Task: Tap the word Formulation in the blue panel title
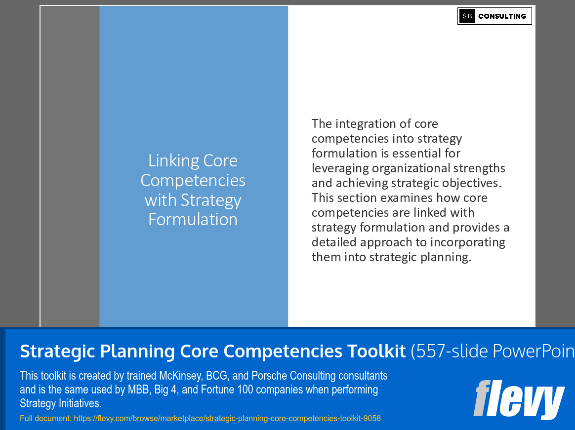[193, 219]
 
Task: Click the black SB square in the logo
[467, 16]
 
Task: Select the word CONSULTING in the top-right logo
[502, 16]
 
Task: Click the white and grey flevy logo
[519, 399]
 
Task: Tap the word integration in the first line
[369, 124]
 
